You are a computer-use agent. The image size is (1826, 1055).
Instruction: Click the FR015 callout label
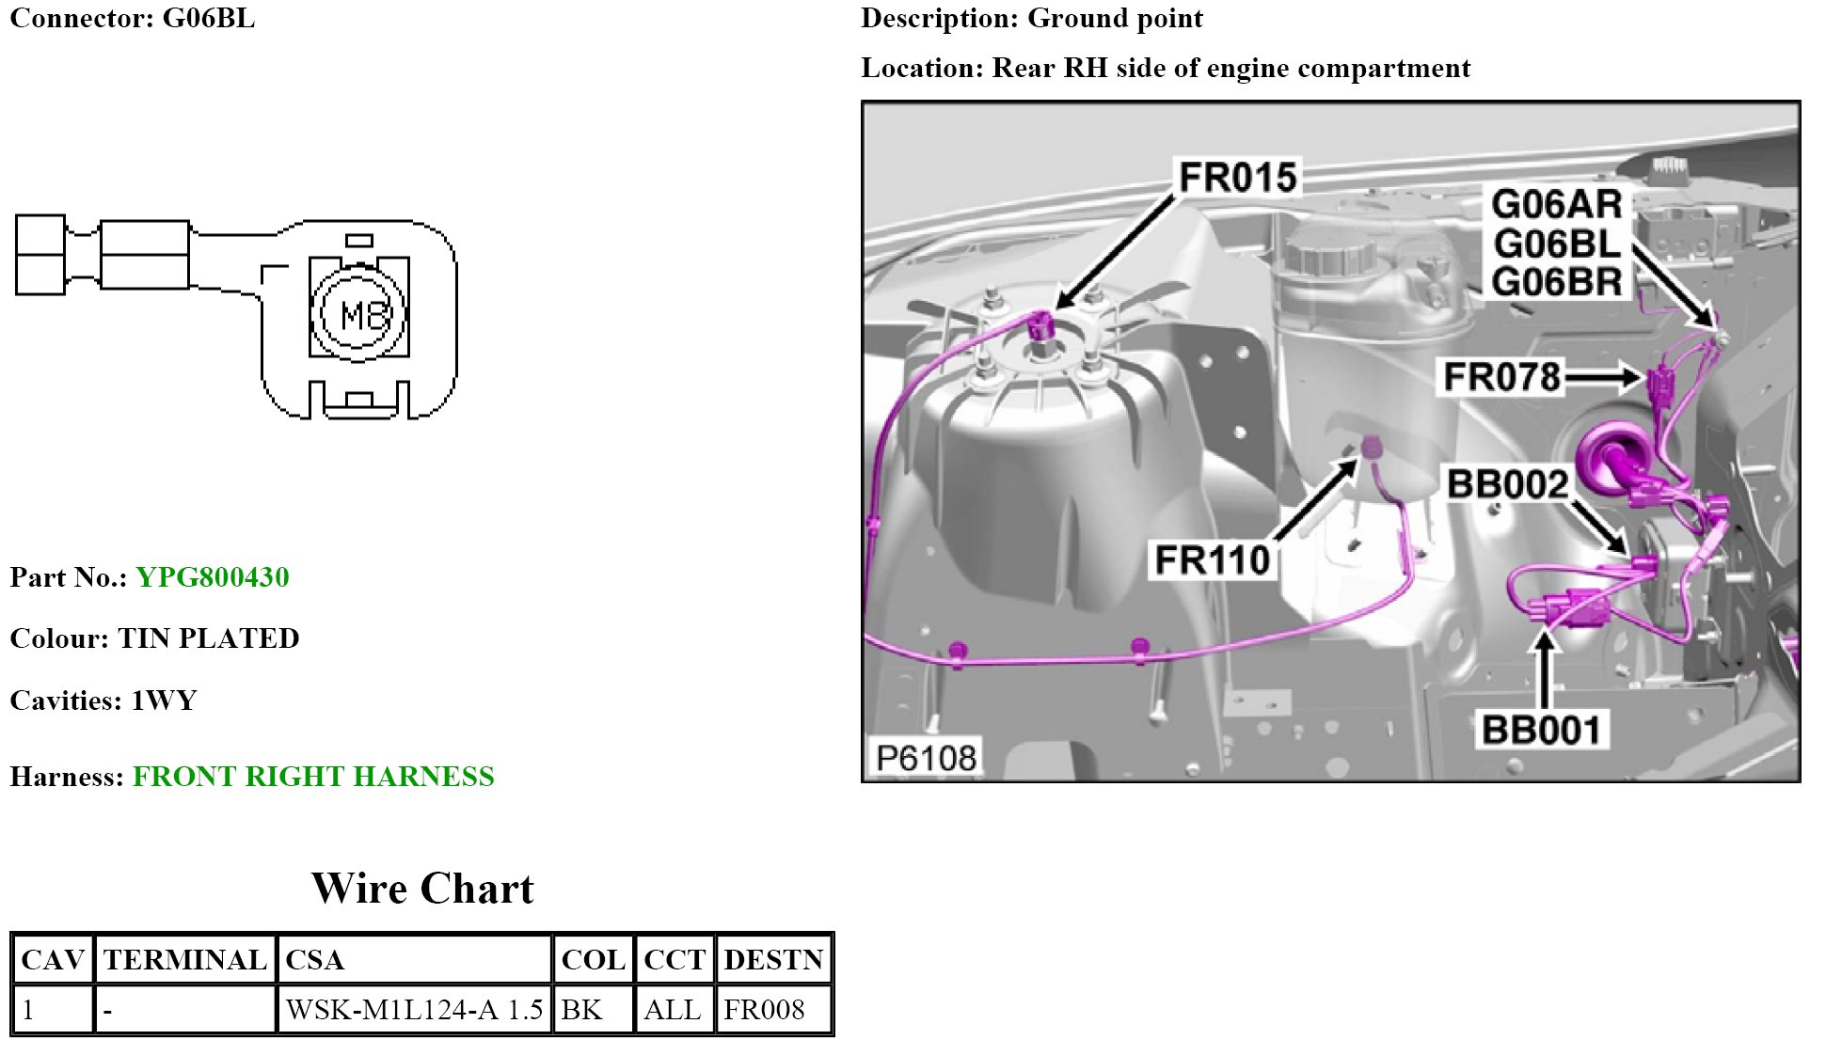click(1237, 177)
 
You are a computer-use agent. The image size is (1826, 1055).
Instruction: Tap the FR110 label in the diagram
click(1213, 560)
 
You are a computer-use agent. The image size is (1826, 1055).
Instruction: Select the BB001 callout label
click(1540, 730)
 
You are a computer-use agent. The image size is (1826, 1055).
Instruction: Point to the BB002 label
click(1507, 484)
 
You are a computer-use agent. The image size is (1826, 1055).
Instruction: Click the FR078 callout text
click(1501, 377)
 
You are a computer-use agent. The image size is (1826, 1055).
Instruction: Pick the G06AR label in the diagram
click(1556, 204)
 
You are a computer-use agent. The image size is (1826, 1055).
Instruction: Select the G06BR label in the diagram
click(1556, 282)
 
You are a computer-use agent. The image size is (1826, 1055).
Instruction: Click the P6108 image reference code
click(926, 758)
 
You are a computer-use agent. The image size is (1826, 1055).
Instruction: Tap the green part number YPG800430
click(213, 577)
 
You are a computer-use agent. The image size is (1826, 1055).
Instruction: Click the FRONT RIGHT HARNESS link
click(313, 777)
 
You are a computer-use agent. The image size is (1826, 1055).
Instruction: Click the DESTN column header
click(773, 960)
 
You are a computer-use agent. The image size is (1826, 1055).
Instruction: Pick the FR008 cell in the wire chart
click(764, 1010)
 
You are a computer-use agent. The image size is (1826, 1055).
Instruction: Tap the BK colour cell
click(581, 1010)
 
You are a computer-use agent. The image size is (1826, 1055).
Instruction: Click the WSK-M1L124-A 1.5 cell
click(414, 1010)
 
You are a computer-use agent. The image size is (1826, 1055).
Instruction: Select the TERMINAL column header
click(185, 960)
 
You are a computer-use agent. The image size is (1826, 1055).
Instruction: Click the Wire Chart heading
click(422, 889)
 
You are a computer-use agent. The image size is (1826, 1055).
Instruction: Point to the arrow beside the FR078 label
click(1603, 377)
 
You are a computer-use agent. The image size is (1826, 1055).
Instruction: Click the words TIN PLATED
click(209, 638)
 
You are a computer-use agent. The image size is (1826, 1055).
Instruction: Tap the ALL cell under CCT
click(673, 1010)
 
